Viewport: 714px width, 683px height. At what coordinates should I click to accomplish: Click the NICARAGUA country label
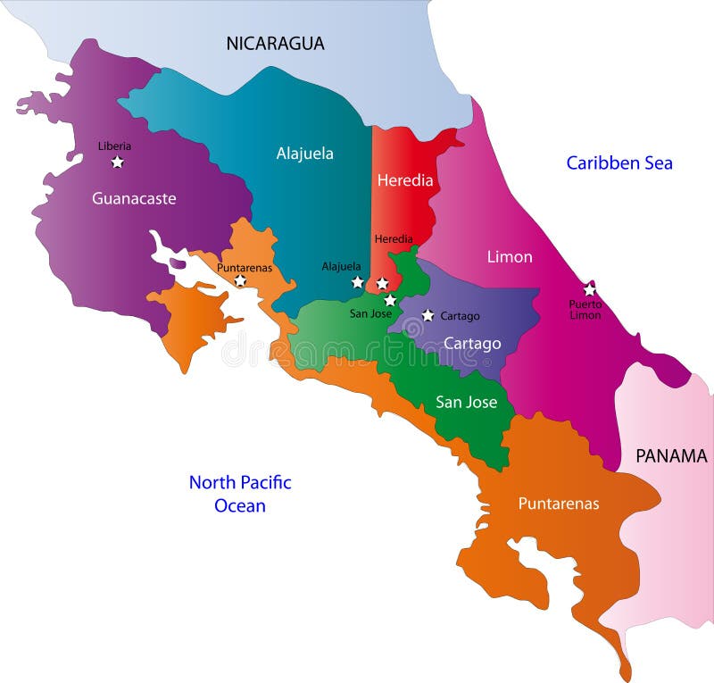tap(275, 43)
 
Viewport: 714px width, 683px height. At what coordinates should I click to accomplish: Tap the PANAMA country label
tap(671, 456)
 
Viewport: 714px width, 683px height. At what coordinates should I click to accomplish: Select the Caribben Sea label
tap(619, 162)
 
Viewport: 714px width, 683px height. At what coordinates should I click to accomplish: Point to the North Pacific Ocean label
tap(240, 494)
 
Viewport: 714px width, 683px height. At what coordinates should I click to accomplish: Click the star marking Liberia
tap(117, 162)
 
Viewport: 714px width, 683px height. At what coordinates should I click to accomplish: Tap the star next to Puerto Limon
tap(589, 290)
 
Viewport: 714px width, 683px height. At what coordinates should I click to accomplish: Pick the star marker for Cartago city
tap(428, 315)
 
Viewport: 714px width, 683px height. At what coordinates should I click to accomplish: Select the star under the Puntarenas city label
tap(240, 280)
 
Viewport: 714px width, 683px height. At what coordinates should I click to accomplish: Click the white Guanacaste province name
tap(134, 198)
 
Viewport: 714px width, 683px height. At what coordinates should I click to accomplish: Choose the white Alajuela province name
tap(304, 154)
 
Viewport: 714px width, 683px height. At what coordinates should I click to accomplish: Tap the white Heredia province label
tap(405, 180)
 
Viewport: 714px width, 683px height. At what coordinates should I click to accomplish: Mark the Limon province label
tap(510, 257)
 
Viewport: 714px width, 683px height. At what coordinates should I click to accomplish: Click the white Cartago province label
tap(472, 344)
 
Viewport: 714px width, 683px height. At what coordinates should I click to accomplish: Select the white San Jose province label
tap(466, 402)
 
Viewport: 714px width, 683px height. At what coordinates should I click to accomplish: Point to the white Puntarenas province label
tap(559, 504)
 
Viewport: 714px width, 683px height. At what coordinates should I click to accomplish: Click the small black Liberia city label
tap(114, 146)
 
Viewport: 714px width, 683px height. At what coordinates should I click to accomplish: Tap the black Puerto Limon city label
tap(585, 310)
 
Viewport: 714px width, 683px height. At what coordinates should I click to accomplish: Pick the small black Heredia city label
tap(394, 239)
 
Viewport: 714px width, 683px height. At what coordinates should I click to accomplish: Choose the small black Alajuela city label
tap(341, 266)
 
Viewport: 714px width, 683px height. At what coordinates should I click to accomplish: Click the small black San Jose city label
tap(370, 313)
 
